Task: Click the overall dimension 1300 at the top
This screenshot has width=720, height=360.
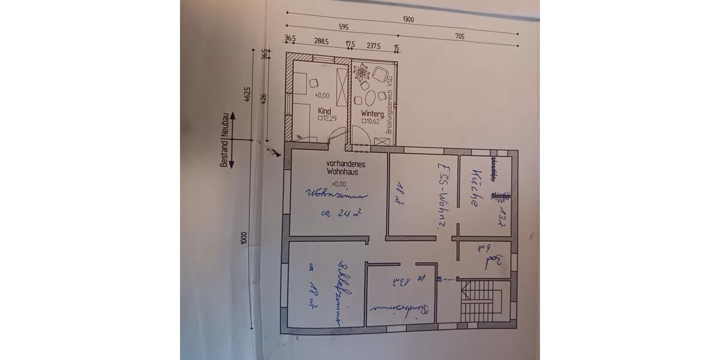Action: tap(408, 19)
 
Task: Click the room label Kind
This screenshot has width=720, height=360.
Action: tap(324, 112)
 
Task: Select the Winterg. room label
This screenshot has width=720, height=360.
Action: tap(373, 113)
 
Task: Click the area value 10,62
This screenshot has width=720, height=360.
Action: tap(372, 121)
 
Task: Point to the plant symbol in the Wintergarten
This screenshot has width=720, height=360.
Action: tap(362, 74)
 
